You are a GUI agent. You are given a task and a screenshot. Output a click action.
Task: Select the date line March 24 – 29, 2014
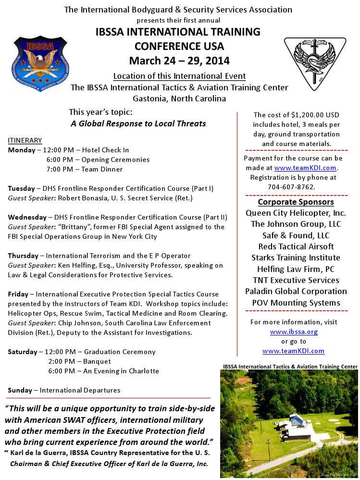(179, 61)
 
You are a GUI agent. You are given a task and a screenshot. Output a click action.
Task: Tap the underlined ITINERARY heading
(25, 140)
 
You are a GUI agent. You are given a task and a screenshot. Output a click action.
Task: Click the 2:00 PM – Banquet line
(80, 361)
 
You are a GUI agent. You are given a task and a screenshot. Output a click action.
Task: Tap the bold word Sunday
(20, 390)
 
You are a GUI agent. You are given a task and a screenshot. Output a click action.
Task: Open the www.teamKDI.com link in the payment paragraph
(306, 168)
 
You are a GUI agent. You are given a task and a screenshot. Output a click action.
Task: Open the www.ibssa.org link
(293, 332)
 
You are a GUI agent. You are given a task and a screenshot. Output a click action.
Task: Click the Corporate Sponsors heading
(296, 202)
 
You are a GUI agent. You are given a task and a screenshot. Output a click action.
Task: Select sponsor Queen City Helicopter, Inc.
(296, 213)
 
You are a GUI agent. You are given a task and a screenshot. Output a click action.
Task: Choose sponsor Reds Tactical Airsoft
(296, 246)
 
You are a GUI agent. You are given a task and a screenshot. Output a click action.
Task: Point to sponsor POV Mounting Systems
(296, 303)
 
